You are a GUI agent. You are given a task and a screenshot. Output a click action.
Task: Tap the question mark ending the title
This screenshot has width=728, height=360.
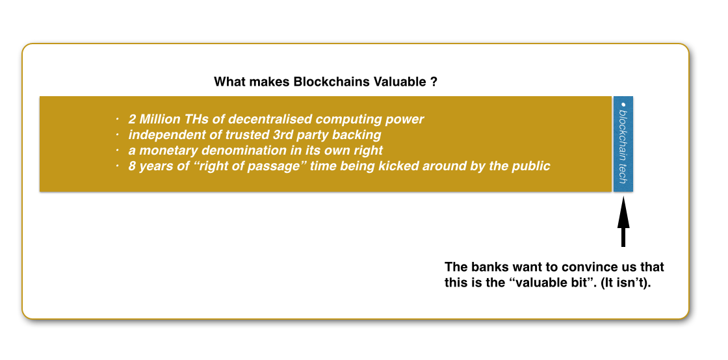click(x=433, y=82)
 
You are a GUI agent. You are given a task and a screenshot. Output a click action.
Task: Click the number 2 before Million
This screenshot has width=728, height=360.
click(x=132, y=119)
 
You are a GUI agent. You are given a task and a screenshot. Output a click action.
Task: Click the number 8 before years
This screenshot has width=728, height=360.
click(x=132, y=166)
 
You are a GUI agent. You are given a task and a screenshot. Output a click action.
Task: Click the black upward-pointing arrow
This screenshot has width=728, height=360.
click(x=623, y=222)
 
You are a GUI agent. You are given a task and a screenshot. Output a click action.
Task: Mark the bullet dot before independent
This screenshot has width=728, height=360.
click(x=118, y=135)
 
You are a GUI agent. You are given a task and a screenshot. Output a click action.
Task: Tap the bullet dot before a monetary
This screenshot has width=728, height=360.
click(x=118, y=150)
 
